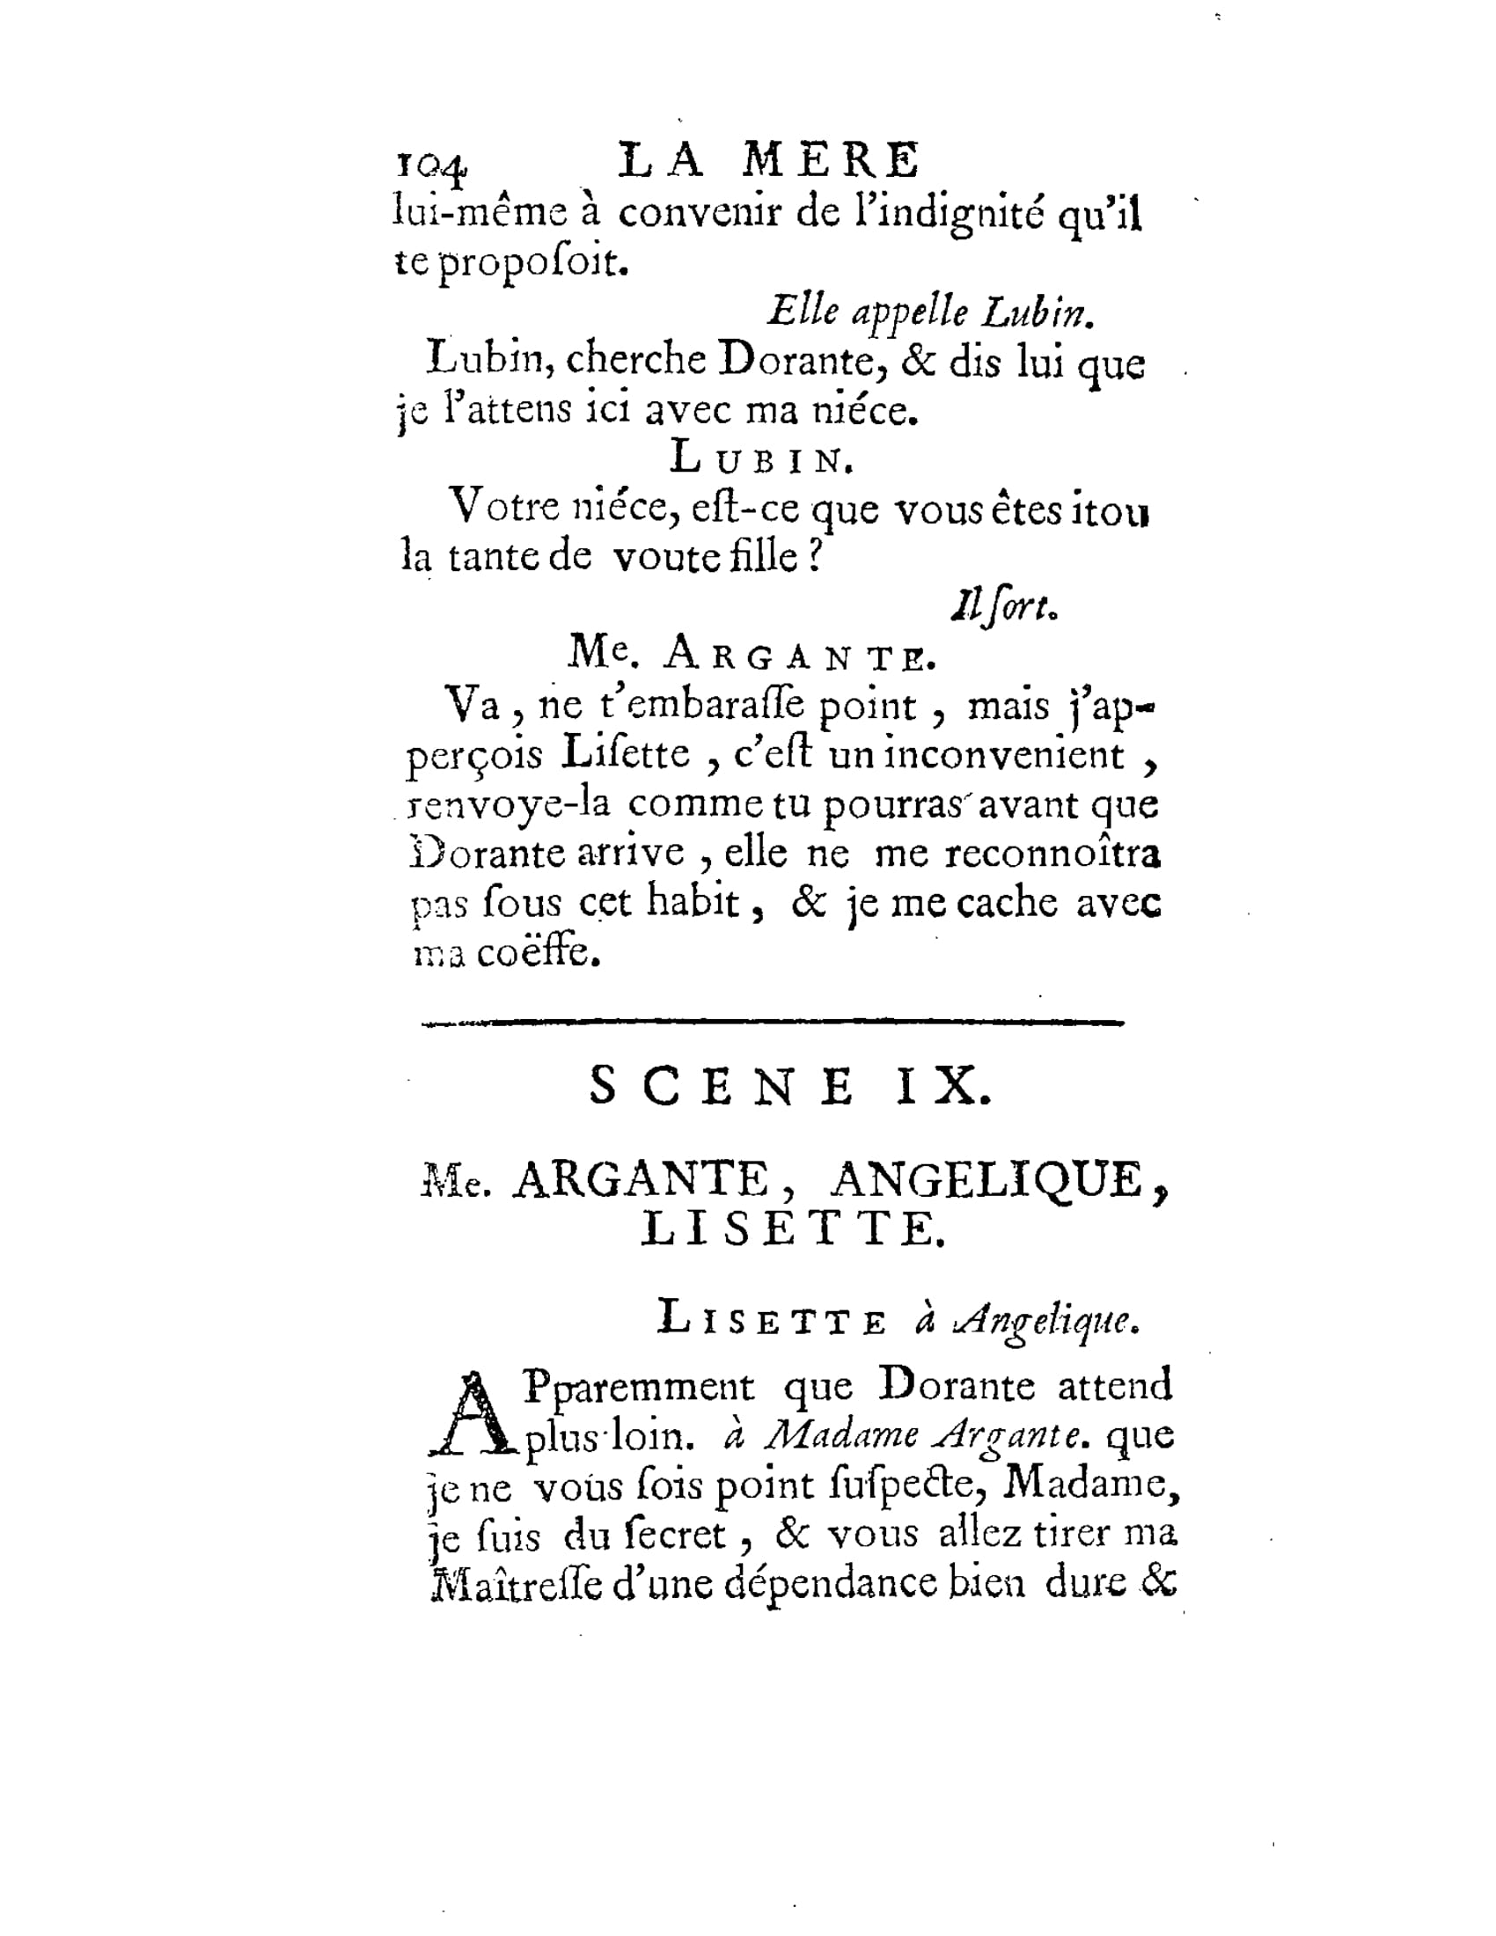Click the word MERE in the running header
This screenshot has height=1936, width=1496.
point(832,161)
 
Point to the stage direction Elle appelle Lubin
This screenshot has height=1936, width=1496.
point(930,312)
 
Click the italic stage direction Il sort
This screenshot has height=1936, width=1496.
point(1003,606)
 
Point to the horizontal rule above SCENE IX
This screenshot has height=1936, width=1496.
point(773,1023)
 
